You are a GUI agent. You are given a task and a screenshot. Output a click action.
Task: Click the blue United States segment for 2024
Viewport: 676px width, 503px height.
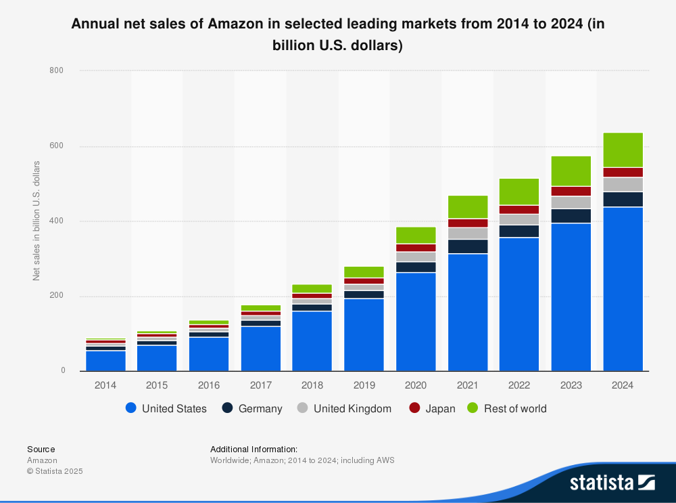(623, 289)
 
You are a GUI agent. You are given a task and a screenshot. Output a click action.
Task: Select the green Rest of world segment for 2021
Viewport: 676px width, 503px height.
(468, 207)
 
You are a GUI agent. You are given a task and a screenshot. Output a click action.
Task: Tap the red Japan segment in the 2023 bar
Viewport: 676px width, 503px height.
(571, 192)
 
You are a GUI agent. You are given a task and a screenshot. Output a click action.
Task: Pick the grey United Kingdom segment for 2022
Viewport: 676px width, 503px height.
(519, 219)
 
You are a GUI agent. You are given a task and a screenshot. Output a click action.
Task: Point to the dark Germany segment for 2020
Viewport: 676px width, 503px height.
(416, 267)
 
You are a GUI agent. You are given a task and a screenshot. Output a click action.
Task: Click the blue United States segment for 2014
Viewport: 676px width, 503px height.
(105, 361)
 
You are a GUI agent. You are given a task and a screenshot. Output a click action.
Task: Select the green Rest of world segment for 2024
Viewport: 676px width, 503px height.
(623, 150)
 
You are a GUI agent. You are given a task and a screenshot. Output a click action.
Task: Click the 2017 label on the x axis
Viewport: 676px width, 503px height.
(260, 385)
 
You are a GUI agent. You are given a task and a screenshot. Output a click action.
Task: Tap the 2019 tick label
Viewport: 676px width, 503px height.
(364, 385)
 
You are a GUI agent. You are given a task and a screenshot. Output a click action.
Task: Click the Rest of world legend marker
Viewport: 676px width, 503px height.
(473, 409)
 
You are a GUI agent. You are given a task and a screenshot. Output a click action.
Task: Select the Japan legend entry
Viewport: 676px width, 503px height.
(433, 409)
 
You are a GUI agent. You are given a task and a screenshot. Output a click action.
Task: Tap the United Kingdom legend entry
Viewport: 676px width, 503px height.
(344, 409)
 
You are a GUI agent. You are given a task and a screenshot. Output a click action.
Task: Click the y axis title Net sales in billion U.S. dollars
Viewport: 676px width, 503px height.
(37, 221)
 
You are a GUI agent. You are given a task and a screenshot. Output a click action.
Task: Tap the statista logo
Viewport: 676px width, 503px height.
(612, 483)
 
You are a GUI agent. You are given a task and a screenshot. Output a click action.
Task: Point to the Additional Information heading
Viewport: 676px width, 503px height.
(254, 449)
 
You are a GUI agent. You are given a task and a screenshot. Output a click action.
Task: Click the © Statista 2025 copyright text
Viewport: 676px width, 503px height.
(55, 471)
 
